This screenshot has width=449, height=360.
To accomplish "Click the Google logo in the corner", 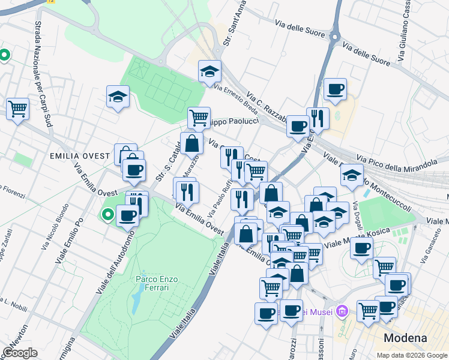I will (20, 352).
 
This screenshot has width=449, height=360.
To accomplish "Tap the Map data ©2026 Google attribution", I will (412, 355).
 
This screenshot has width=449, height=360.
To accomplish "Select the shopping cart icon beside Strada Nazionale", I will (18, 109).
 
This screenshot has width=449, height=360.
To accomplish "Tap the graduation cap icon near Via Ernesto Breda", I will (210, 71).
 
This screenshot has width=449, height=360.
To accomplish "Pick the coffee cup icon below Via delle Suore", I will (335, 89).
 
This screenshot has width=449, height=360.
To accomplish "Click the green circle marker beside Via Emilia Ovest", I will (108, 214).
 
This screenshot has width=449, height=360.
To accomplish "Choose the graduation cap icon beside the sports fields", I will (118, 96).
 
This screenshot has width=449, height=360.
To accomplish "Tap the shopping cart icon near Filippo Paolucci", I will (199, 117).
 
